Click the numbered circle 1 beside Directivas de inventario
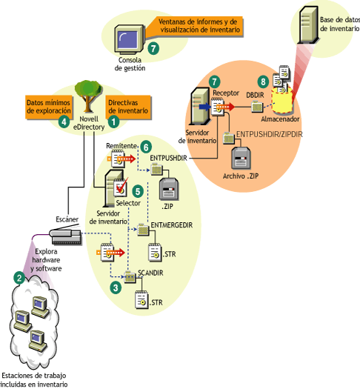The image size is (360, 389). coord(114,118)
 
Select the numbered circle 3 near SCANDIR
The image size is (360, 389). coord(114,286)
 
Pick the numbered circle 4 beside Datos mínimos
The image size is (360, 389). coord(64,120)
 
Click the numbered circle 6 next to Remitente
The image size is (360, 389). coord(146,147)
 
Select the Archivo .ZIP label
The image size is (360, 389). coord(241,176)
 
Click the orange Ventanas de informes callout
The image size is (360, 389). coord(199,27)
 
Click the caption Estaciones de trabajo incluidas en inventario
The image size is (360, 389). coord(36,379)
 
